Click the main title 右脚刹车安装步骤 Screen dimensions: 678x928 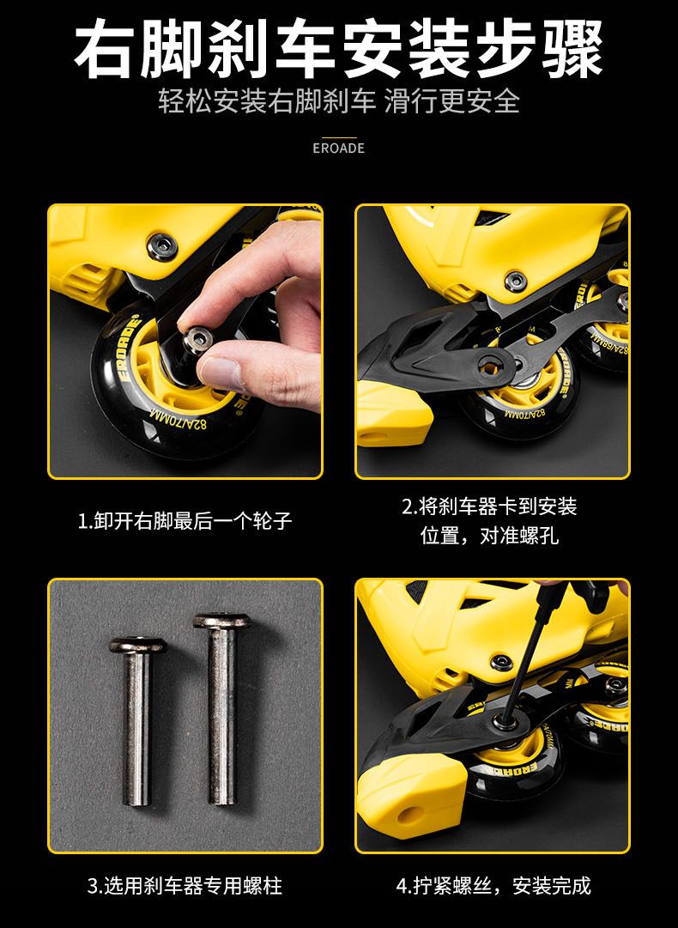[x=338, y=49]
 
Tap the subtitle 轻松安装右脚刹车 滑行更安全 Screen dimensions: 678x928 [x=339, y=101]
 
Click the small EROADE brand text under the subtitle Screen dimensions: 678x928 [x=338, y=148]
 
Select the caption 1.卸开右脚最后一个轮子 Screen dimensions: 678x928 [x=185, y=521]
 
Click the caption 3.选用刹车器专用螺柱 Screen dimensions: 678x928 [x=185, y=886]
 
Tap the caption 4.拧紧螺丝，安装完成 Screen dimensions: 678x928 [x=493, y=886]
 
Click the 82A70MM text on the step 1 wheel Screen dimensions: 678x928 [x=179, y=420]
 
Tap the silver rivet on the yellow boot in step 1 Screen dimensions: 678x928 [x=161, y=245]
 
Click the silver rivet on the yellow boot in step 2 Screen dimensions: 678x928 [x=515, y=280]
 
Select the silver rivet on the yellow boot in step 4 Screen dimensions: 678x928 [x=501, y=662]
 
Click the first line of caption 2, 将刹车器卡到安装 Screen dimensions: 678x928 [x=489, y=506]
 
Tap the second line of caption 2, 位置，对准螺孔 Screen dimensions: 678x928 [x=489, y=536]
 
